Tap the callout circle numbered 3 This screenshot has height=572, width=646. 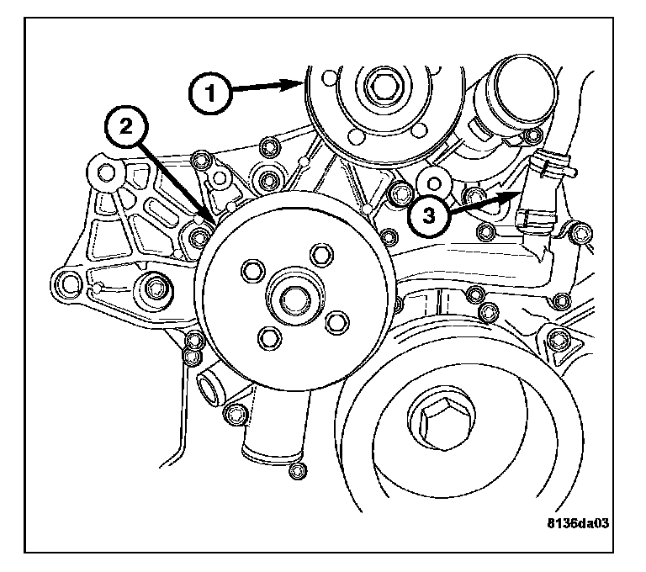(429, 215)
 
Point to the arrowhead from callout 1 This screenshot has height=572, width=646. (300, 82)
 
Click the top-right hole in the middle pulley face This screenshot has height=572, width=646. (318, 255)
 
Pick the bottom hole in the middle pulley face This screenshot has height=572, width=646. (269, 337)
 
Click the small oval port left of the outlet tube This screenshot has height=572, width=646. (208, 389)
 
